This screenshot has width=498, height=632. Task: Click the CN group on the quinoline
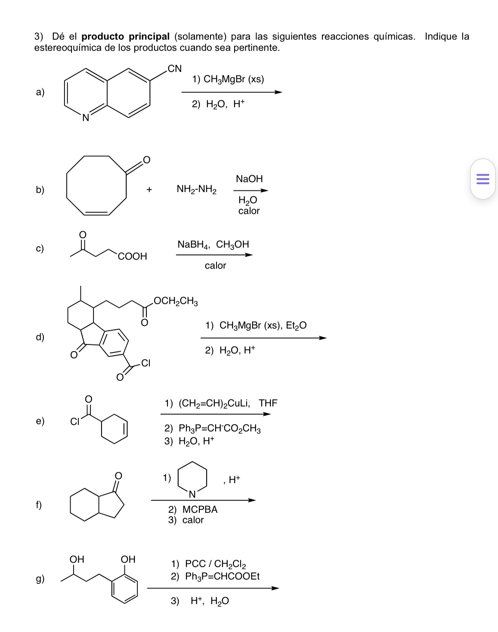pyautogui.click(x=174, y=68)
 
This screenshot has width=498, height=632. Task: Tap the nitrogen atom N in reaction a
pyautogui.click(x=86, y=117)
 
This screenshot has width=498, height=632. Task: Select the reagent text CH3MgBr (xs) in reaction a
pyautogui.click(x=228, y=80)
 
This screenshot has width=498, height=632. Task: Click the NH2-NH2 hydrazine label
pyautogui.click(x=197, y=189)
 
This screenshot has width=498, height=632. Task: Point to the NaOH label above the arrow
pyautogui.click(x=249, y=179)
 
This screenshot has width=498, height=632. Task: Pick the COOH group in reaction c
pyautogui.click(x=133, y=257)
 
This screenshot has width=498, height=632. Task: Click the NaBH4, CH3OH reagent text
pyautogui.click(x=213, y=245)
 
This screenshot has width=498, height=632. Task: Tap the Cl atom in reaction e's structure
pyautogui.click(x=75, y=422)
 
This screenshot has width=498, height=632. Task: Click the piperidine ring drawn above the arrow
pyautogui.click(x=192, y=477)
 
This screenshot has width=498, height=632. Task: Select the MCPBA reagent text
pyautogui.click(x=200, y=510)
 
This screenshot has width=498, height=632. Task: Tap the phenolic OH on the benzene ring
pyautogui.click(x=128, y=559)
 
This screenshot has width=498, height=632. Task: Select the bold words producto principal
pyautogui.click(x=126, y=37)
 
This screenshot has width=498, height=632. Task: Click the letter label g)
pyautogui.click(x=40, y=579)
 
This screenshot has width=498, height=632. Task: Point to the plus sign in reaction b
pyautogui.click(x=149, y=189)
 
